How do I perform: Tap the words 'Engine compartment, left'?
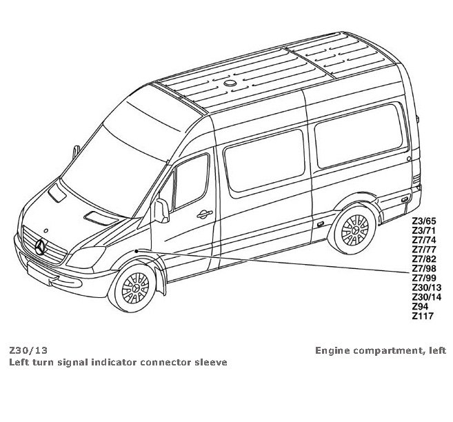(380, 350)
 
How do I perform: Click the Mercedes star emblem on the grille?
(41, 245)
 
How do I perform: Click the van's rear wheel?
(356, 230)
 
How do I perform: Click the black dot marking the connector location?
(138, 250)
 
